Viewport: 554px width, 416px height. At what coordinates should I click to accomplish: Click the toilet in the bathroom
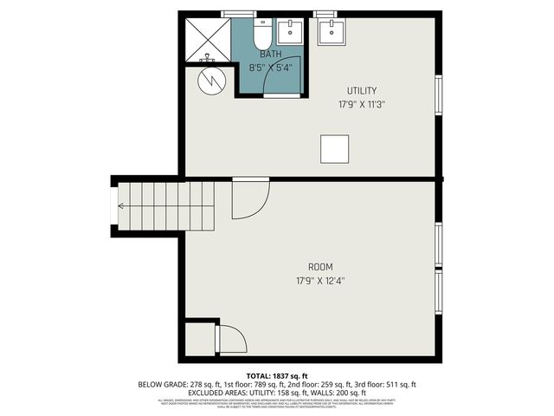point(262,35)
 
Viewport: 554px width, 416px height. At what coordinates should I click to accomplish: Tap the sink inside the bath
point(290,32)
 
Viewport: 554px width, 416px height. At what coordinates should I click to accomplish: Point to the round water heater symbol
point(210,81)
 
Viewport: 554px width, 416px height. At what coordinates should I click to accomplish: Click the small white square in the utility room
point(335,148)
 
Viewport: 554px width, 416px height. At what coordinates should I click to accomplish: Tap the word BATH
point(270,55)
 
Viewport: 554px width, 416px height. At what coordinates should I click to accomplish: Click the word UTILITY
point(361,91)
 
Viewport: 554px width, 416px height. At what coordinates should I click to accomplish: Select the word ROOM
point(320,267)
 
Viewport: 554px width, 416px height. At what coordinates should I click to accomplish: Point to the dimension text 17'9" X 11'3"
point(361,104)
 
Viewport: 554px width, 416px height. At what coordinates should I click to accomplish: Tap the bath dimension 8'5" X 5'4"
point(270,66)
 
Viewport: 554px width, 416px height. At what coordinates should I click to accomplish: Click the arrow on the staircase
point(121,206)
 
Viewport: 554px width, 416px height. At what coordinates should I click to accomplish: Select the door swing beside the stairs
point(249,199)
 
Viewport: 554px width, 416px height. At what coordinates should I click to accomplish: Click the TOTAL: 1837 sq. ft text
point(276,375)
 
